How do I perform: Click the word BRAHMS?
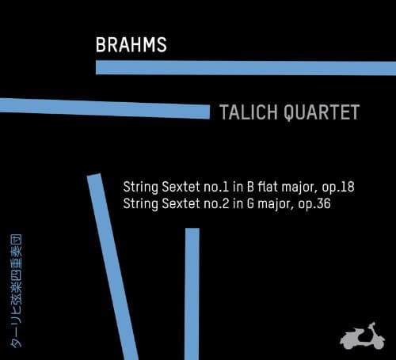131,44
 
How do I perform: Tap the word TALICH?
245,112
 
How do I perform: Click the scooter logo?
361,335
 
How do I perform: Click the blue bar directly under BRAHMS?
246,67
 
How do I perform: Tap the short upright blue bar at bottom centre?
192,293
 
